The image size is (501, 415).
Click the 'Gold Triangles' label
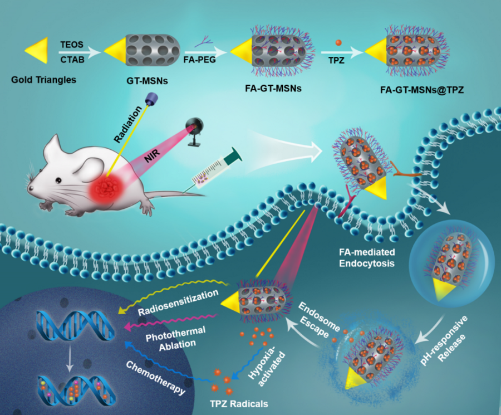click(x=43, y=79)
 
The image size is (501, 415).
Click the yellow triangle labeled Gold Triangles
click(x=36, y=51)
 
